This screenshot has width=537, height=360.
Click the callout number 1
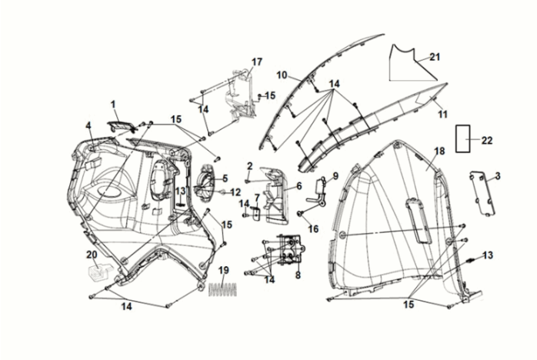(x=113, y=102)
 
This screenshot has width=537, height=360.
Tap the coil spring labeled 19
(x=222, y=290)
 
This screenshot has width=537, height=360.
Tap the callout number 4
(x=88, y=125)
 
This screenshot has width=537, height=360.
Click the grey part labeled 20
(x=96, y=271)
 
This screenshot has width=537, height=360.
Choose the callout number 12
(x=236, y=192)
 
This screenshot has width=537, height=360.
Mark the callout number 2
(x=250, y=165)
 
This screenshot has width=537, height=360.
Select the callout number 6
(x=299, y=185)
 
